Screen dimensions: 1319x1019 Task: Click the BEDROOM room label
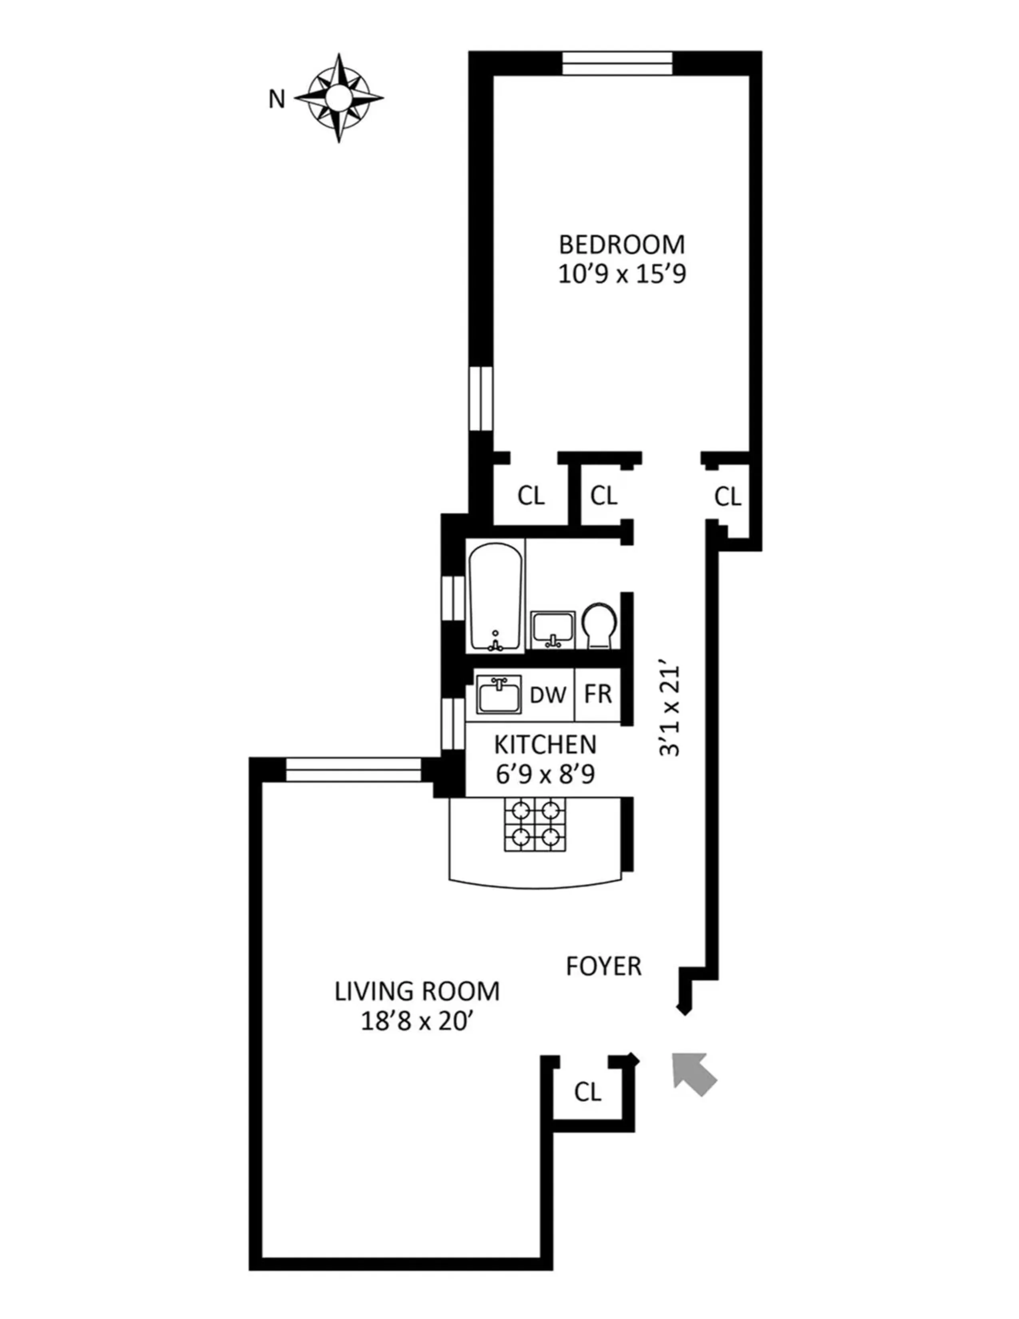pyautogui.click(x=622, y=245)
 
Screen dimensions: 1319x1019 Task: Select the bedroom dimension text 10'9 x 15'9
pyautogui.click(x=622, y=275)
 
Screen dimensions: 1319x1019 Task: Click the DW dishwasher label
pyautogui.click(x=547, y=695)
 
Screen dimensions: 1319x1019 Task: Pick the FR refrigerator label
pyautogui.click(x=598, y=695)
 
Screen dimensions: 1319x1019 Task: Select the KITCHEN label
pyautogui.click(x=545, y=745)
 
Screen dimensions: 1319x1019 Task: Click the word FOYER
pyautogui.click(x=603, y=967)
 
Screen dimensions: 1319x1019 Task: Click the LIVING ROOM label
pyautogui.click(x=417, y=992)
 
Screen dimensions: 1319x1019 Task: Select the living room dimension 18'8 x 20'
pyautogui.click(x=417, y=1022)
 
